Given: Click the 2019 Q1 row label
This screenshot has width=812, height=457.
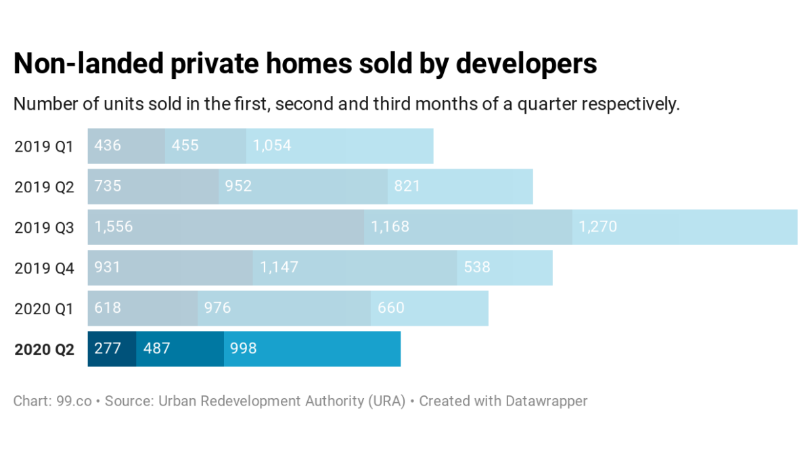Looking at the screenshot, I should (x=44, y=146).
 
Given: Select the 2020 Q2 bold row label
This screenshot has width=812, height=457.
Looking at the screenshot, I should (x=44, y=349).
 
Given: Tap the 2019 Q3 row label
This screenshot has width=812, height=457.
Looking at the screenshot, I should (x=44, y=227).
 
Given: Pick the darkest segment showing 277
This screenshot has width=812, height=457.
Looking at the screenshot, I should (x=112, y=349).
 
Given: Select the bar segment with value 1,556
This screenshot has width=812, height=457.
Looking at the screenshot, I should (x=225, y=227).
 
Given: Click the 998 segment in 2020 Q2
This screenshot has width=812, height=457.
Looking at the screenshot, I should (x=312, y=349).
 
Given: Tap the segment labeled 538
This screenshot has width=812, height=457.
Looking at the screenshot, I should (x=505, y=268).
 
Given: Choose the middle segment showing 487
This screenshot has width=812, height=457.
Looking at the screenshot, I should (x=180, y=349).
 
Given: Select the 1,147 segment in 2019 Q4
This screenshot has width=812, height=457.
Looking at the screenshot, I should (x=355, y=268).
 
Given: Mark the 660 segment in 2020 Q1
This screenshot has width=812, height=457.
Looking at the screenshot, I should (x=430, y=309).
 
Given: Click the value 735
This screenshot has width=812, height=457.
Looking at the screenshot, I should (x=108, y=186).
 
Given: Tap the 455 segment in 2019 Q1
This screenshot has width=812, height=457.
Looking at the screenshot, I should (x=206, y=146).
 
